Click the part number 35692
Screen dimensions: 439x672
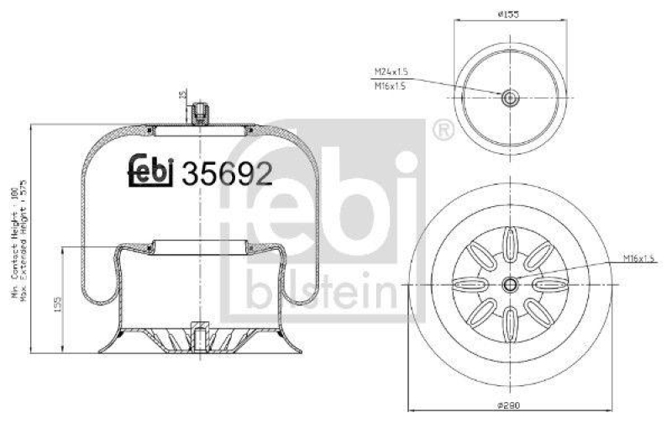point(228,172)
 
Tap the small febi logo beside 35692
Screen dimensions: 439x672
point(150,171)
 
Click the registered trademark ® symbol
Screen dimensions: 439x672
point(442,130)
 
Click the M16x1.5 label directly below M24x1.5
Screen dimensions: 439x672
point(391,86)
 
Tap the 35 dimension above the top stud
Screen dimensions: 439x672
point(182,94)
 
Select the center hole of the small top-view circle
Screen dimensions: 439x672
point(509,98)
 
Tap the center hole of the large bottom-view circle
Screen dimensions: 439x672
point(510,284)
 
